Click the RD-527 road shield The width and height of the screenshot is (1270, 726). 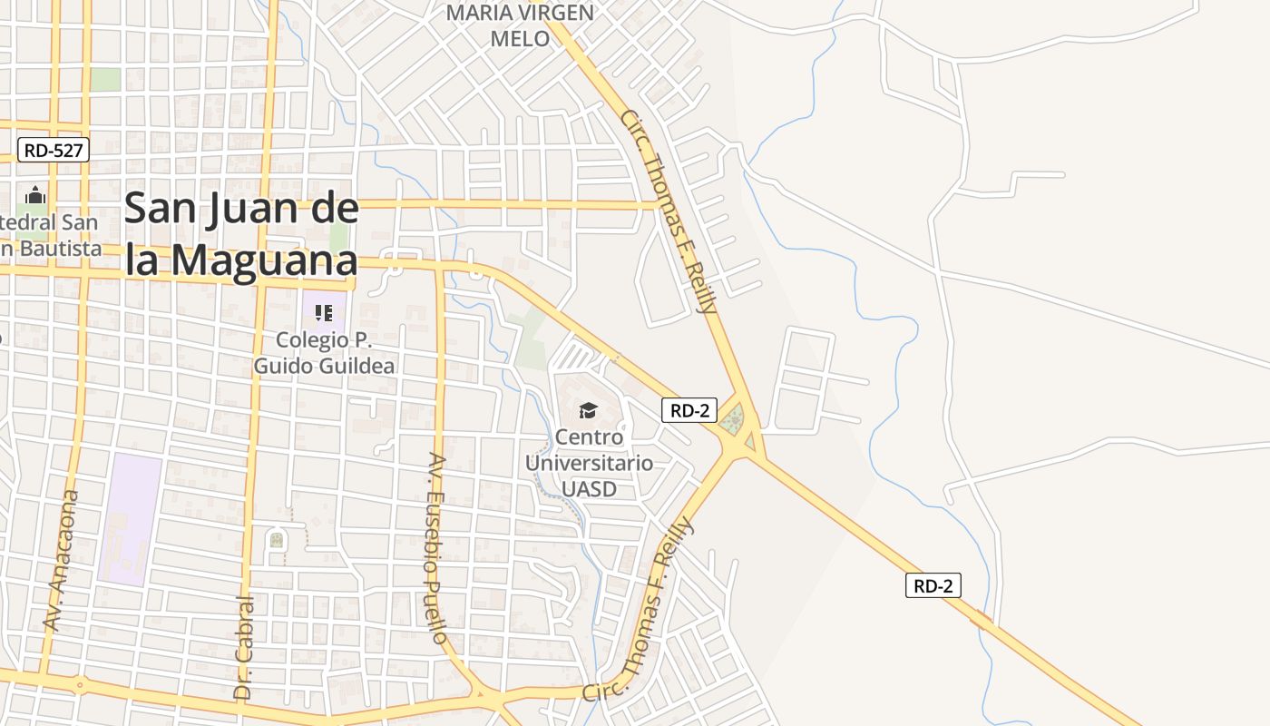click(x=54, y=151)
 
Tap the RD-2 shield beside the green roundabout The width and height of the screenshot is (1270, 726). click(x=689, y=410)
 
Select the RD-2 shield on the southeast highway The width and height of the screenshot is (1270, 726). click(x=933, y=585)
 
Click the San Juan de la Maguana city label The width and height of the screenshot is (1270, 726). click(x=241, y=234)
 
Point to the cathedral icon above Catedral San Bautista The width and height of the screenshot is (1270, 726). click(x=35, y=195)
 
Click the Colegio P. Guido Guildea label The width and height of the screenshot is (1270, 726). click(x=324, y=353)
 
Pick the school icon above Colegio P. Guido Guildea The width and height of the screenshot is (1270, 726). click(x=324, y=313)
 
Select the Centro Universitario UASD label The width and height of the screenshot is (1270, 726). click(x=589, y=463)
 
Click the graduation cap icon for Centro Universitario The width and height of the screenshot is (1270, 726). click(x=589, y=410)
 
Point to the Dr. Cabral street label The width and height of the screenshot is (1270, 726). click(x=244, y=647)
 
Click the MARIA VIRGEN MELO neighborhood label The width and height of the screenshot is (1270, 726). click(x=521, y=25)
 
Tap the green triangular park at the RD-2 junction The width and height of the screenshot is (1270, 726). click(x=733, y=419)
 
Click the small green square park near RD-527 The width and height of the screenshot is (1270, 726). click(x=105, y=79)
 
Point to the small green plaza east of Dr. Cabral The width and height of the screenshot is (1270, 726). click(x=277, y=541)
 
